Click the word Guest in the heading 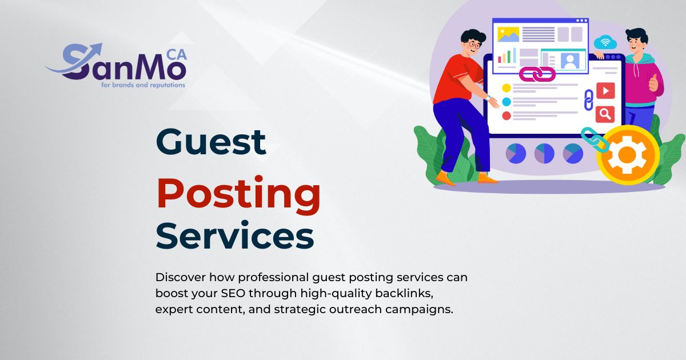(x=211, y=142)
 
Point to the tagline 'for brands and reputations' (x=143, y=85)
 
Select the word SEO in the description (x=233, y=293)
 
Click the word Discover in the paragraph (x=181, y=277)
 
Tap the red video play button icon (x=605, y=91)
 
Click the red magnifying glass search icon (x=605, y=114)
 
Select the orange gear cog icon (x=627, y=155)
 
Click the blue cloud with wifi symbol (x=605, y=42)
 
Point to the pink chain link (x=537, y=74)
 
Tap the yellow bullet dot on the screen (x=506, y=88)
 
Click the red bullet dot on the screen (x=506, y=115)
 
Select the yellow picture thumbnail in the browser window (x=508, y=34)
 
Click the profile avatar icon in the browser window (x=570, y=61)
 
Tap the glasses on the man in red (x=474, y=45)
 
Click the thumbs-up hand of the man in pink (x=653, y=83)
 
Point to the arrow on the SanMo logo (x=74, y=61)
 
